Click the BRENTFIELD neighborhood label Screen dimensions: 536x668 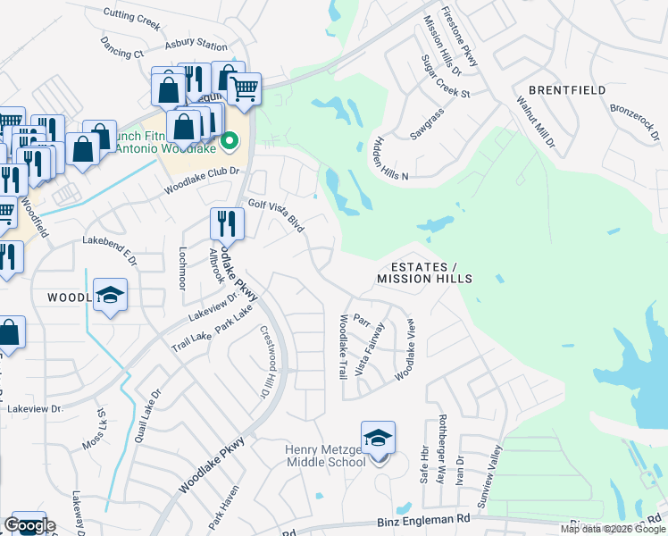(567, 90)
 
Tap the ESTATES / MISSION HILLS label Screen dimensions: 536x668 (424, 273)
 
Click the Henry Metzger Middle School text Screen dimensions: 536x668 (325, 456)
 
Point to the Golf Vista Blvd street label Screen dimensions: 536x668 (276, 215)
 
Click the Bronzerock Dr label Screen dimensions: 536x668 (635, 123)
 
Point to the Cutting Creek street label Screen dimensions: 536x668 (129, 14)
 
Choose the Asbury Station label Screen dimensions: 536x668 (196, 45)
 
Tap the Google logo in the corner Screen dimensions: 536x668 (29, 525)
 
